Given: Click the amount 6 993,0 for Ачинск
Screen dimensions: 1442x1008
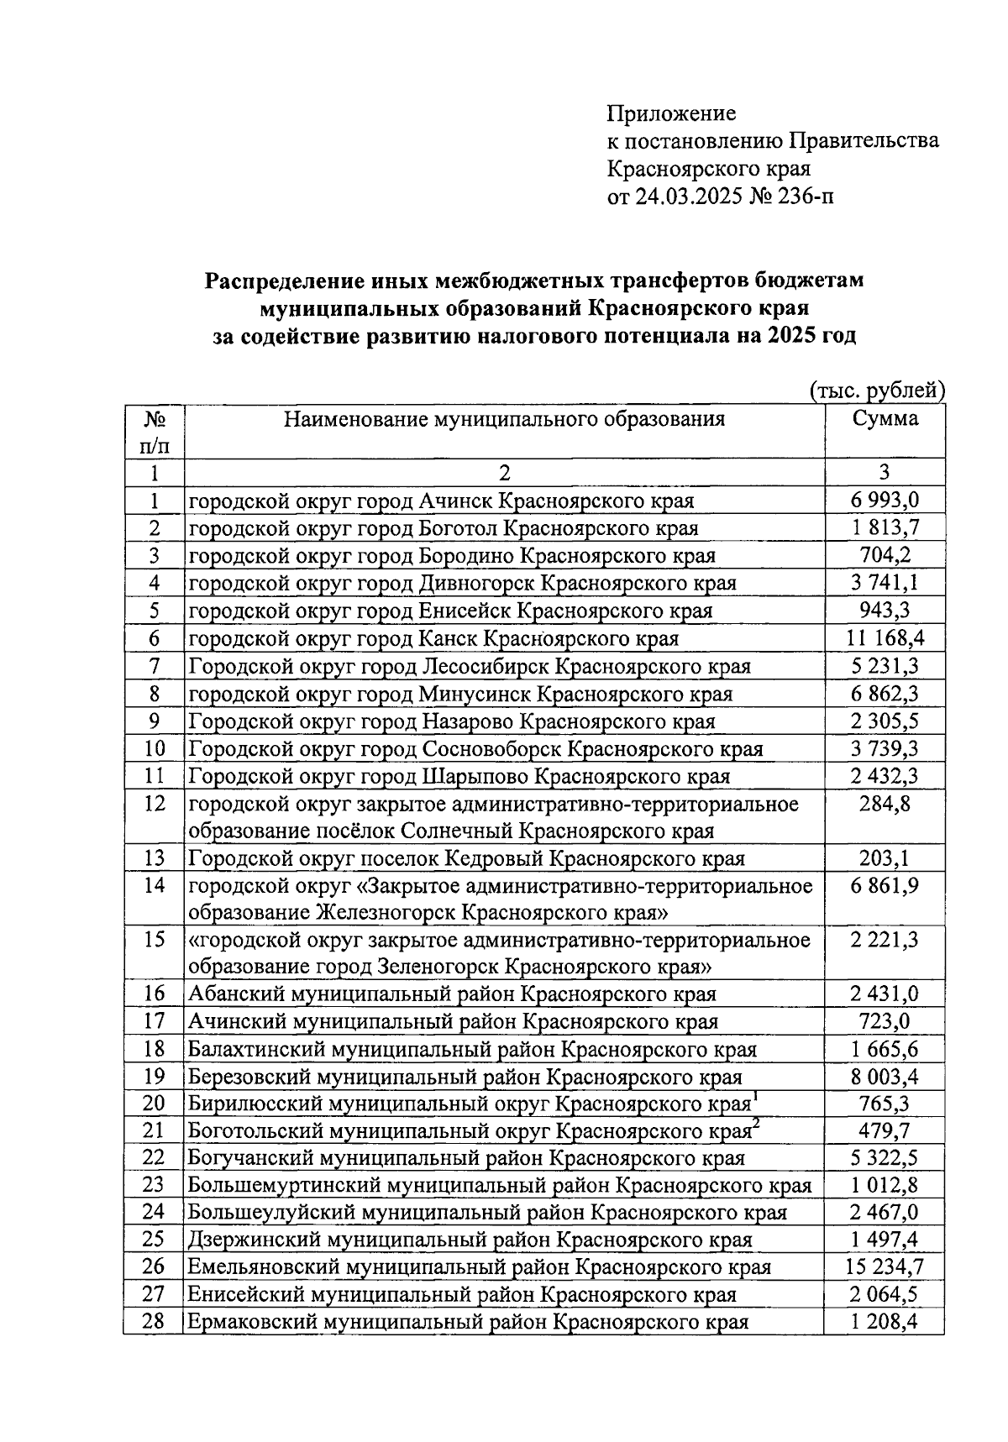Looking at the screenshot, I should point(884,501).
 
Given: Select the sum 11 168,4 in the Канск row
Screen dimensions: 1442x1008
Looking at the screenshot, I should point(884,638).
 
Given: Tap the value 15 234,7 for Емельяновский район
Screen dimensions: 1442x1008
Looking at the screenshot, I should point(884,1267).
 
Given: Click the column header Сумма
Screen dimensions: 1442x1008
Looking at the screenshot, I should point(884,418).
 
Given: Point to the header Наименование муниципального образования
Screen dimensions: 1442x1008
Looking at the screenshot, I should point(504,418).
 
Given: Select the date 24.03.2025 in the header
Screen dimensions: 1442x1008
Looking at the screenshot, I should point(687,197).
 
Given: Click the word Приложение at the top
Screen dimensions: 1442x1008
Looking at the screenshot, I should point(671,113).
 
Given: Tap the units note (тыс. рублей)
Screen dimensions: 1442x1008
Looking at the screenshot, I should point(878,390).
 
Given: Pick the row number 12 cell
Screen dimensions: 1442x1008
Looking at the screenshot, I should point(154,805).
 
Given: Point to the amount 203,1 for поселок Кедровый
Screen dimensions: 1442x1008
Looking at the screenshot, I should point(884,858).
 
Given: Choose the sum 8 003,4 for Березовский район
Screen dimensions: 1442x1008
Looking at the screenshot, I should point(884,1076).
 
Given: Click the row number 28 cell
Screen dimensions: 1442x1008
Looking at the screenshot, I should point(154,1322).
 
